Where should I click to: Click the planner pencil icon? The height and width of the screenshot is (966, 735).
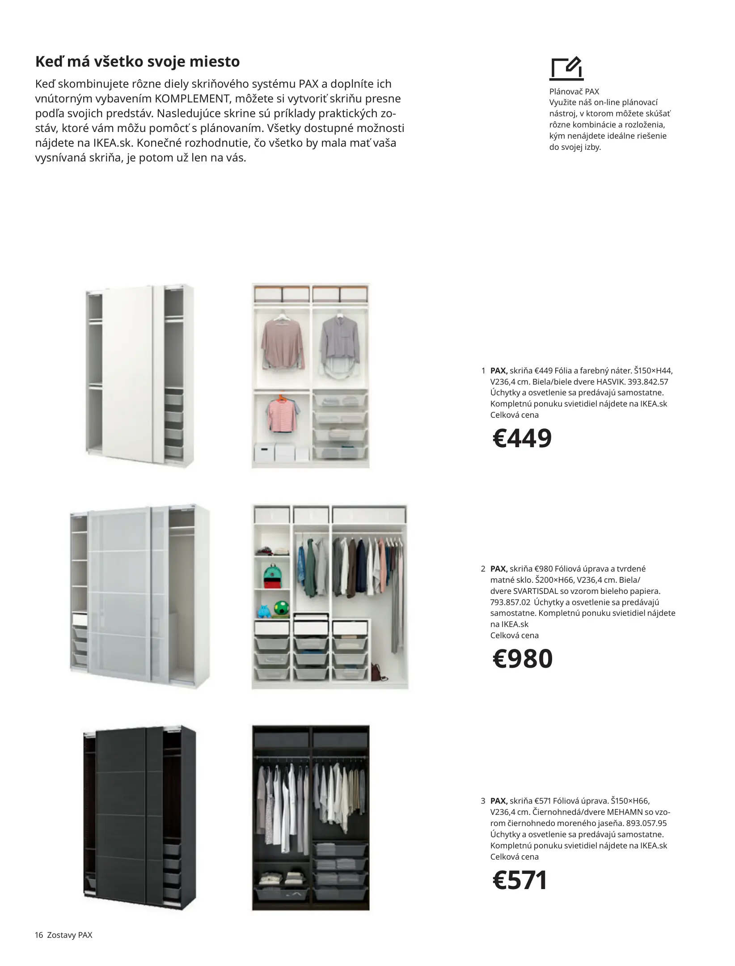(566, 68)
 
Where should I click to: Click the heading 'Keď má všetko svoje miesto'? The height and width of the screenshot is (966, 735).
(137, 61)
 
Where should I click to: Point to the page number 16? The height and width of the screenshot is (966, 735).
(38, 935)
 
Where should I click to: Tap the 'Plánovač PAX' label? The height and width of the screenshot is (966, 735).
(574, 91)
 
